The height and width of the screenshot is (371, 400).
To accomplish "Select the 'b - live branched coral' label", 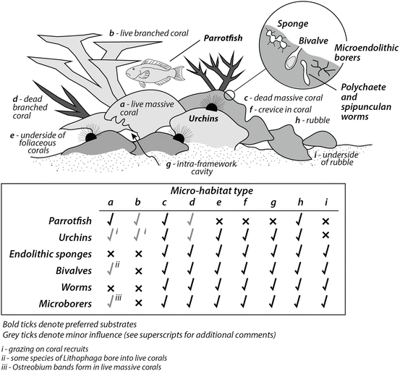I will pyautogui.click(x=145, y=33).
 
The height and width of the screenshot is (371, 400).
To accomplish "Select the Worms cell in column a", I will pyautogui.click(x=111, y=286).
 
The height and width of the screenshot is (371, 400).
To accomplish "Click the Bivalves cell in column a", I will pyautogui.click(x=111, y=270).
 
